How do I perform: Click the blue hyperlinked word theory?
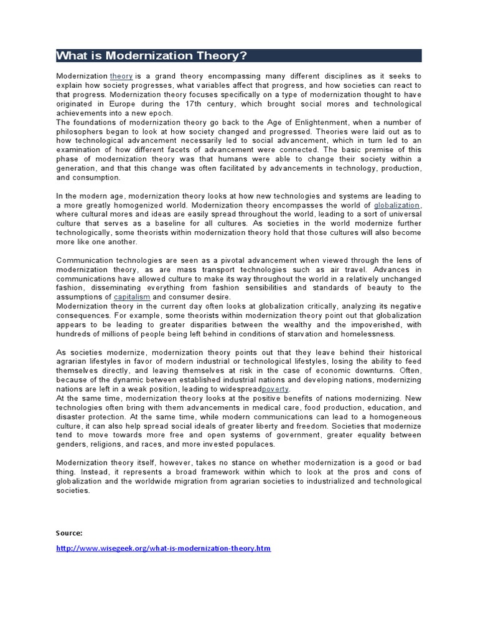tap(121, 75)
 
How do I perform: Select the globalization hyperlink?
tap(397, 205)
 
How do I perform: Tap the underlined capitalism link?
tap(132, 297)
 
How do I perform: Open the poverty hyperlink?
tap(276, 389)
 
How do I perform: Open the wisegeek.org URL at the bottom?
tap(164, 548)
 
